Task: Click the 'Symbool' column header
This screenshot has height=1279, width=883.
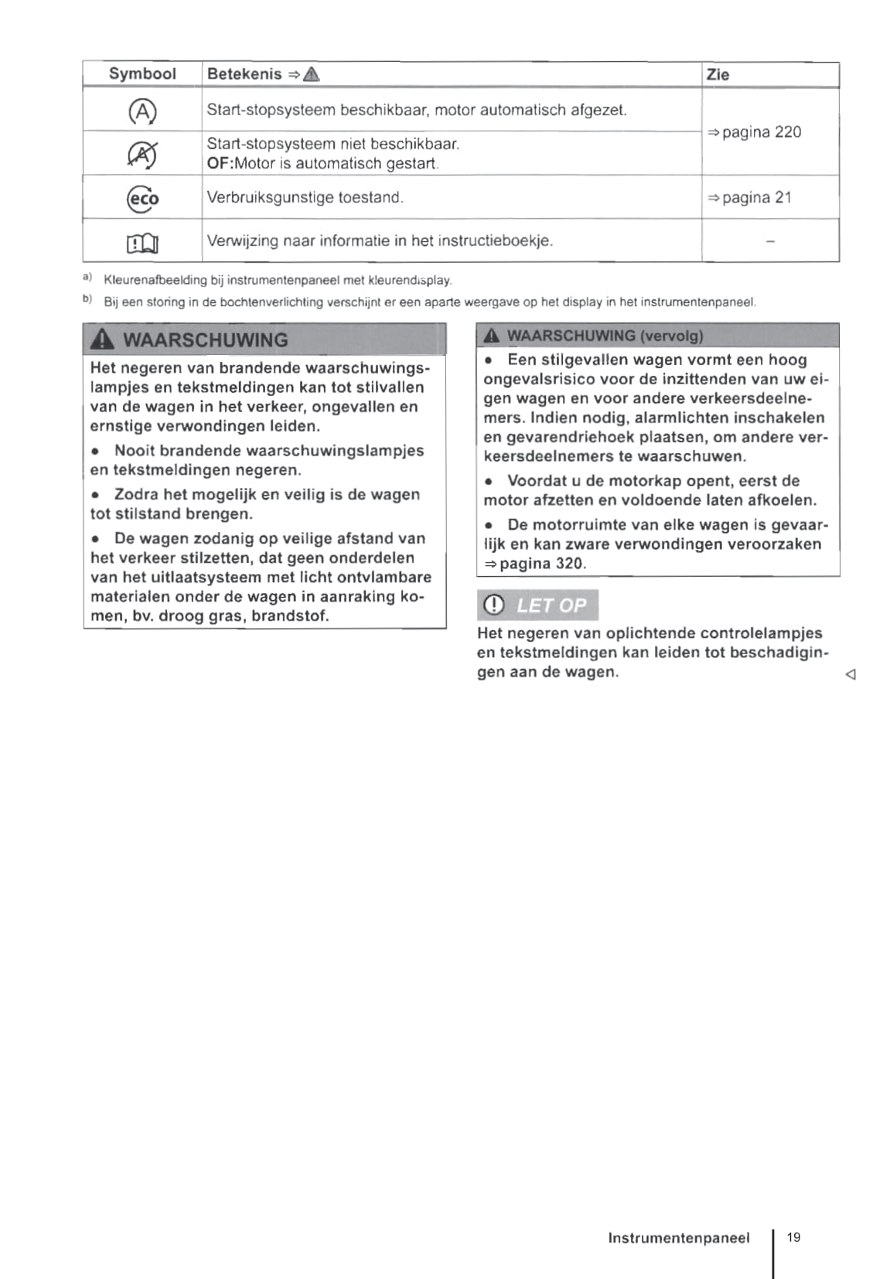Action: [x=142, y=74]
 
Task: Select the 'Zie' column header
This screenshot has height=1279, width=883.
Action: [x=718, y=75]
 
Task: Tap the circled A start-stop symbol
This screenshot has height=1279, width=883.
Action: [x=142, y=112]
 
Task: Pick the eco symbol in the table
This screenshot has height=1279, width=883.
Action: [x=143, y=199]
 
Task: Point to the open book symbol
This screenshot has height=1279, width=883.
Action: [x=142, y=244]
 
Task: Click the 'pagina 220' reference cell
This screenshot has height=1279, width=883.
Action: [x=755, y=132]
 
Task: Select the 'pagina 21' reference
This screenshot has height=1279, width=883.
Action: [x=750, y=198]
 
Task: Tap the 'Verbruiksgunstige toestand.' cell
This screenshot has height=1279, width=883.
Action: [x=305, y=197]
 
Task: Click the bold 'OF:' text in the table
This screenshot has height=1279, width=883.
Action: [x=220, y=164]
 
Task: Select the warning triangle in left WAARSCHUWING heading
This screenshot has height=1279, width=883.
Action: [x=103, y=339]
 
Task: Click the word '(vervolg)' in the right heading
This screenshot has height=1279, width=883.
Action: [x=672, y=336]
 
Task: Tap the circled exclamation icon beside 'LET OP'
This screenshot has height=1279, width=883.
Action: [x=493, y=605]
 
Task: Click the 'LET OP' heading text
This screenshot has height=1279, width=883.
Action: [x=551, y=605]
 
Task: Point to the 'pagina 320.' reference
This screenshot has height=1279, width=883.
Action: [x=536, y=564]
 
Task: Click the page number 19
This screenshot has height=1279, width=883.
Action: [x=793, y=1237]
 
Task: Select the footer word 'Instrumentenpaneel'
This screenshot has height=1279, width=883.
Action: [x=679, y=1238]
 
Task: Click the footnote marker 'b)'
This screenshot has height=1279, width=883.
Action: [x=87, y=299]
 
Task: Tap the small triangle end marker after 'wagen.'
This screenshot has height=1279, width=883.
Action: [x=851, y=674]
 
